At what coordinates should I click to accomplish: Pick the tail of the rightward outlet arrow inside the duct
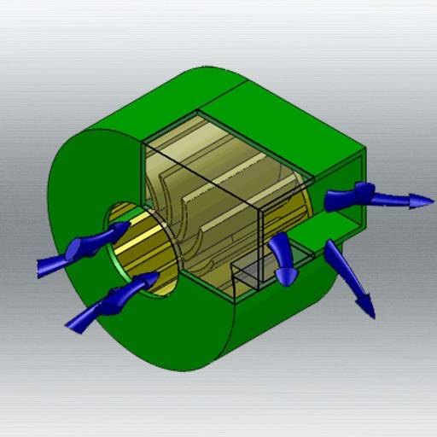pos(329,201)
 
